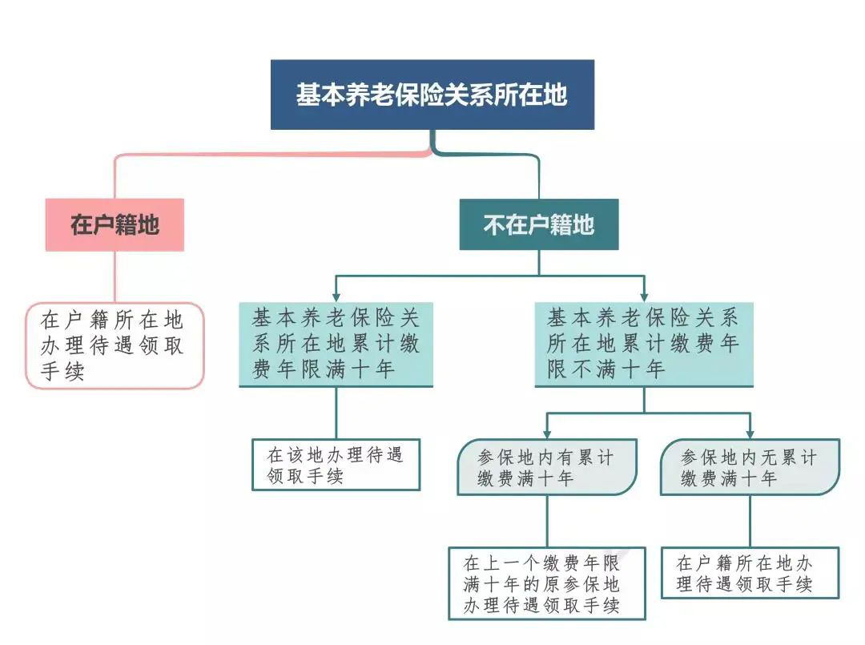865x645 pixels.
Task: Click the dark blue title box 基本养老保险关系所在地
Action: point(432,95)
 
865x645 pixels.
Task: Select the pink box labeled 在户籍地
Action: point(115,224)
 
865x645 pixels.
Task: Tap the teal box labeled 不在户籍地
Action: point(538,224)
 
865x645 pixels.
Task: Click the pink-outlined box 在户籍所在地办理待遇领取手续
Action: point(115,345)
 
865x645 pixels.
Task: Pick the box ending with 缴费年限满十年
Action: point(336,345)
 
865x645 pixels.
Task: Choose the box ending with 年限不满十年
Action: point(643,345)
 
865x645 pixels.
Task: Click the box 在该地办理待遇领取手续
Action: point(336,465)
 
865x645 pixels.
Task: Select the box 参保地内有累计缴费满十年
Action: point(547,467)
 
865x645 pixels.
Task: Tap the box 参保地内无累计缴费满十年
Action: point(750,467)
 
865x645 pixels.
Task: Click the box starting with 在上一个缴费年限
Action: point(546,583)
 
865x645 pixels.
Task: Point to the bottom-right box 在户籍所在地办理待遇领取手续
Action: point(750,573)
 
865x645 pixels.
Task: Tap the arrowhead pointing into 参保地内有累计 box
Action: point(547,433)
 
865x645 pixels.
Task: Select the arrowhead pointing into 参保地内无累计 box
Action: point(750,433)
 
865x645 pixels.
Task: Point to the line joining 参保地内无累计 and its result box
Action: point(750,521)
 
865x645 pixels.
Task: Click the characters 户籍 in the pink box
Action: point(115,224)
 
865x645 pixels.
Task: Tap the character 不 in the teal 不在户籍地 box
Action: point(493,224)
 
